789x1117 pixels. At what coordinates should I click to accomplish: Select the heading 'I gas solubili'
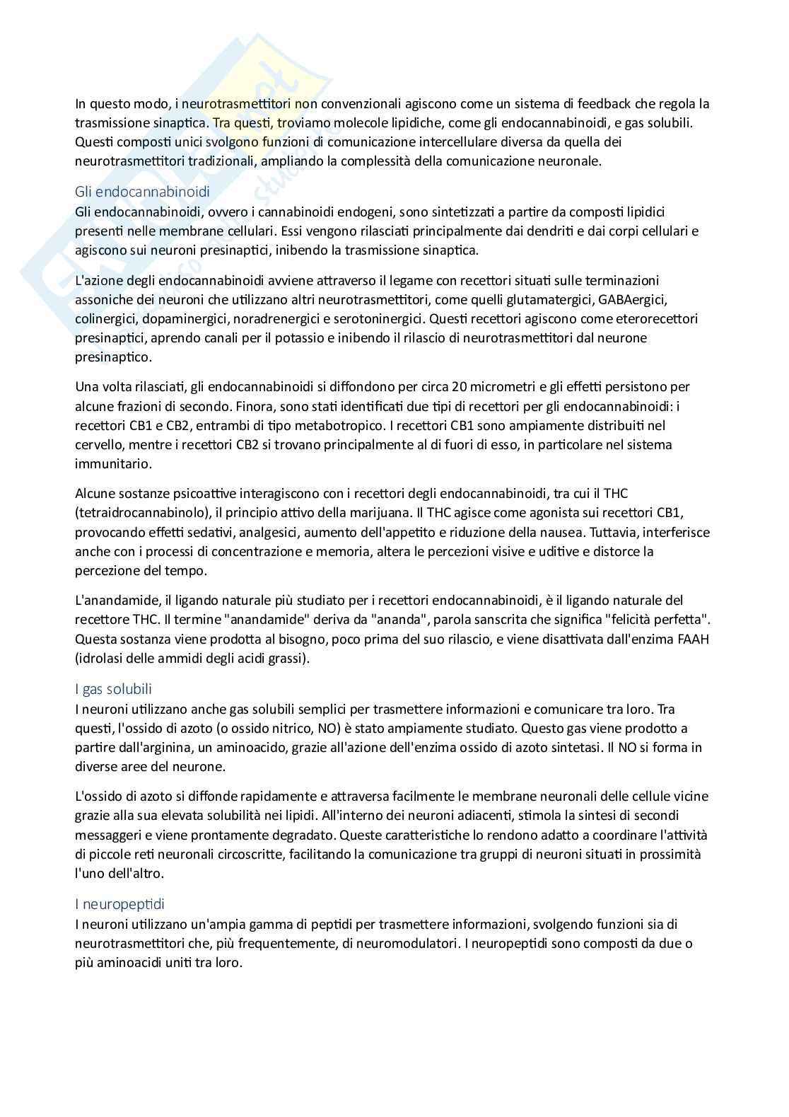(x=113, y=689)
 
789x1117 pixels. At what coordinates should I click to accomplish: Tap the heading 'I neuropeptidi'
(x=119, y=904)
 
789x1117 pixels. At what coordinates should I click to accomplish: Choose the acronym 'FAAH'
(x=693, y=639)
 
